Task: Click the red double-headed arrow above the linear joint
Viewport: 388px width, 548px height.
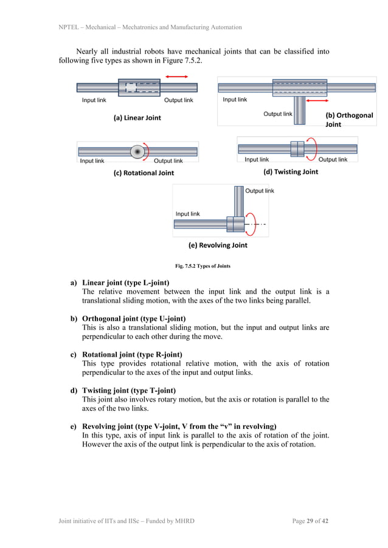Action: (177, 77)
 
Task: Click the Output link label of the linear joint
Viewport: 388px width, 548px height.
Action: (178, 100)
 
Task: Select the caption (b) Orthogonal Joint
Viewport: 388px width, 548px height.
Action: (349, 119)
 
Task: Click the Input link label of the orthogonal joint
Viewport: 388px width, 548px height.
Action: (235, 100)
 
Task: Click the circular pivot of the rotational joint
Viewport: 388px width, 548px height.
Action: (137, 151)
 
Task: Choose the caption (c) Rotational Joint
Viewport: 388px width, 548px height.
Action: (144, 173)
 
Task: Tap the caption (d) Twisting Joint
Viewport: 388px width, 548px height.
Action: (291, 172)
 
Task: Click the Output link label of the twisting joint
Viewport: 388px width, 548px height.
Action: (333, 160)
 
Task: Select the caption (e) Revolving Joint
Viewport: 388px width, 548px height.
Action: (218, 245)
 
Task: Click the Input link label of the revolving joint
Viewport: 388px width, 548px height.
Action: (187, 214)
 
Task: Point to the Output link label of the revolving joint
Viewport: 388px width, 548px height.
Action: (260, 191)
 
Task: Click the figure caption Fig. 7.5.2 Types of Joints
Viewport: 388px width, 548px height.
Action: (203, 266)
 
